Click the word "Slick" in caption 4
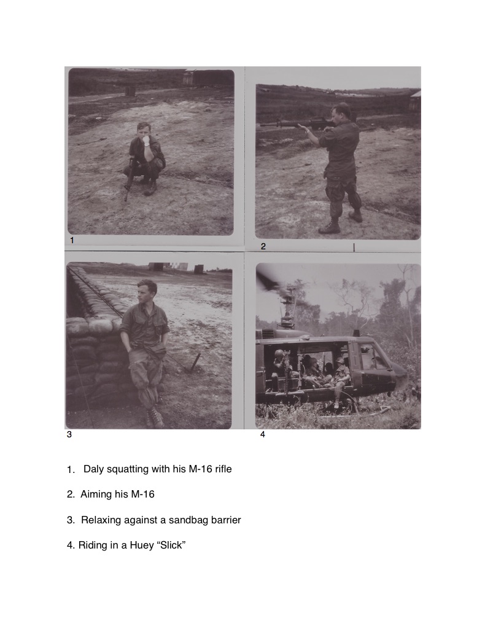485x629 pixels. (171, 545)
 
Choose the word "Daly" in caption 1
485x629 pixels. (93, 469)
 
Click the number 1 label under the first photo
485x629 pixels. (72, 240)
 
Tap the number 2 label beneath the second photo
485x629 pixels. (263, 246)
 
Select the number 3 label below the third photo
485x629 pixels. (69, 434)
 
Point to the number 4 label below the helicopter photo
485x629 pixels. (263, 434)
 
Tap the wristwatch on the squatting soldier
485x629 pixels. (147, 143)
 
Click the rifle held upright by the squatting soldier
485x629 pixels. (128, 179)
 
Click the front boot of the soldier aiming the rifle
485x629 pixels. (330, 227)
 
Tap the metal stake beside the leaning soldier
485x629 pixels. (196, 363)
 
